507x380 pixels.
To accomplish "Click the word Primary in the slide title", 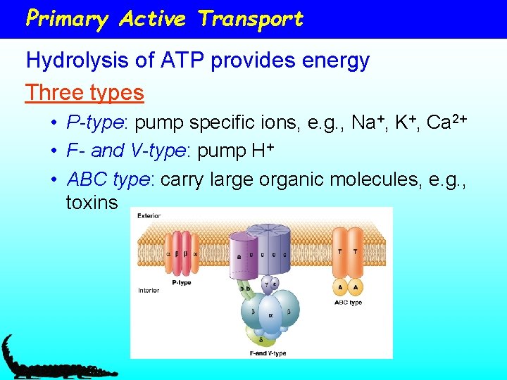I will pos(66,19).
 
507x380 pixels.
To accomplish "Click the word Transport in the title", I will pos(251,19).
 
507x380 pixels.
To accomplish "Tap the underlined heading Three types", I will pos(84,92).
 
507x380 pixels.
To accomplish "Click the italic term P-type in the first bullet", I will pos(94,123).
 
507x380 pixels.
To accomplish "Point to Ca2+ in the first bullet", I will pos(448,122).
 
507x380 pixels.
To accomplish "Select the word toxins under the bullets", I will pos(92,203).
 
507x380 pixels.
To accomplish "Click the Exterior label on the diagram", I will pos(149,216).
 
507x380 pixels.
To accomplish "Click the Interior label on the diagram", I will pos(149,290).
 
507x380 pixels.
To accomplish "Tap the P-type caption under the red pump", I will pos(182,283).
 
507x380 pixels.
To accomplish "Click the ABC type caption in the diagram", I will pos(348,303).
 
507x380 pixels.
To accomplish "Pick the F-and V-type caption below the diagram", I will pos(268,353).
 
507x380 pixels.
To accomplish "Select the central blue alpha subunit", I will pos(268,313).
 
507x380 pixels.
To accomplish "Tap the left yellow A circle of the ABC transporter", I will pos(340,287).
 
